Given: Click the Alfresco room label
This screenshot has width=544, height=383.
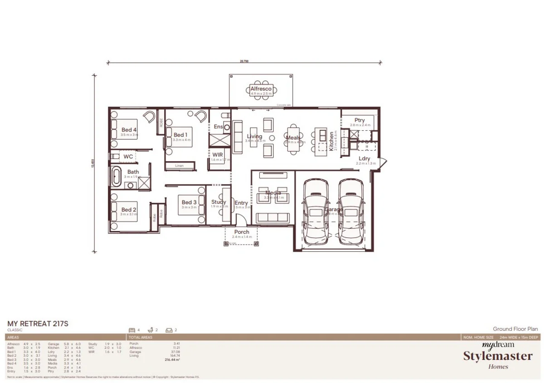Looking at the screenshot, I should pos(261,89).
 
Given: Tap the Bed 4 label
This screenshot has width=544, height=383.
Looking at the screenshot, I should pos(129,130).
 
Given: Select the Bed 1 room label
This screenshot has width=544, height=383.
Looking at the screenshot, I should pos(180,135).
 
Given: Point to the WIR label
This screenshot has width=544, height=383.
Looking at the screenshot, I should pos(218,155).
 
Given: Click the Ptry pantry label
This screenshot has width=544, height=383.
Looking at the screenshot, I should pos(360,120).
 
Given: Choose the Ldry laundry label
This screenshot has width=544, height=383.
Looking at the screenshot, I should pos(364,158).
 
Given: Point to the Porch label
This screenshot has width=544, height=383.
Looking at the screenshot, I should pos(242,232).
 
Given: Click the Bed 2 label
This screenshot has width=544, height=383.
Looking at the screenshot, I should pos(129,210).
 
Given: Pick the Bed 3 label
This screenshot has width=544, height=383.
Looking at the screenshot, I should pos(189,202).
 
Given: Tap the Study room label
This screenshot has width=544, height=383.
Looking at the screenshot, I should pos(219,202).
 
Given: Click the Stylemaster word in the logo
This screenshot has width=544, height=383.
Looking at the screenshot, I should pos(498,356).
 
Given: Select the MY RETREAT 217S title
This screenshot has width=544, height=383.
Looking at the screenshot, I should pos(38,324).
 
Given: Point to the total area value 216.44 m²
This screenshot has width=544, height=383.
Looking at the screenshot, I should pos(172,359).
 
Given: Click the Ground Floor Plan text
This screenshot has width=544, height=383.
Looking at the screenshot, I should pos(515,329).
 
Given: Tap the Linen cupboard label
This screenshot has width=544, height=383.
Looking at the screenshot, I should pos(180,166).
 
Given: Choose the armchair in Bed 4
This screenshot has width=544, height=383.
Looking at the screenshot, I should pos(148,117).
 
